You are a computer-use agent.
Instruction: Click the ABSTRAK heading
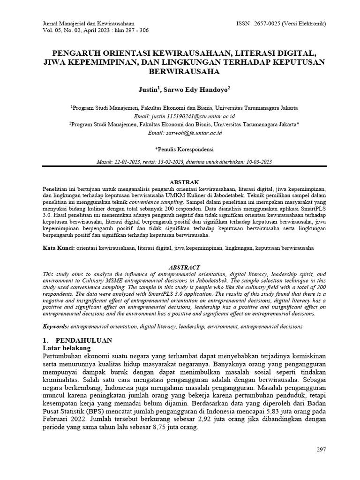pyautogui.click(x=184, y=182)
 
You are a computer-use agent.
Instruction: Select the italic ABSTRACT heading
pyautogui.click(x=184, y=267)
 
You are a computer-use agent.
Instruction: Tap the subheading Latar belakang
pyautogui.click(x=64, y=348)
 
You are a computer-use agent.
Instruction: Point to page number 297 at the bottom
pyautogui.click(x=321, y=450)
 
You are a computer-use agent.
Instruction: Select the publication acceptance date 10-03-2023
pyautogui.click(x=258, y=162)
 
